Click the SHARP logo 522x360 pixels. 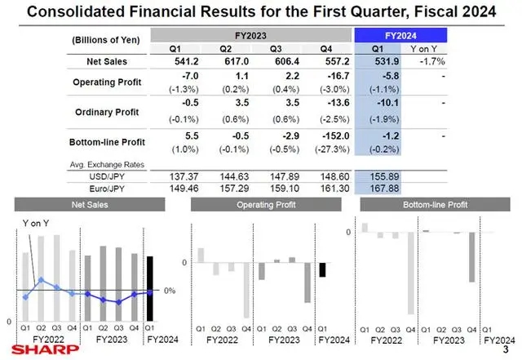(25, 350)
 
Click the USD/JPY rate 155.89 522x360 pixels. (378, 176)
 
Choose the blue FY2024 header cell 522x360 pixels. (378, 35)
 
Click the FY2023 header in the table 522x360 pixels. (250, 35)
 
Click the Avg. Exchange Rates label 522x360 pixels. (108, 165)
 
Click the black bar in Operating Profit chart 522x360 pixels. (322, 269)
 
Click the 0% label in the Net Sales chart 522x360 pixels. (169, 291)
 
